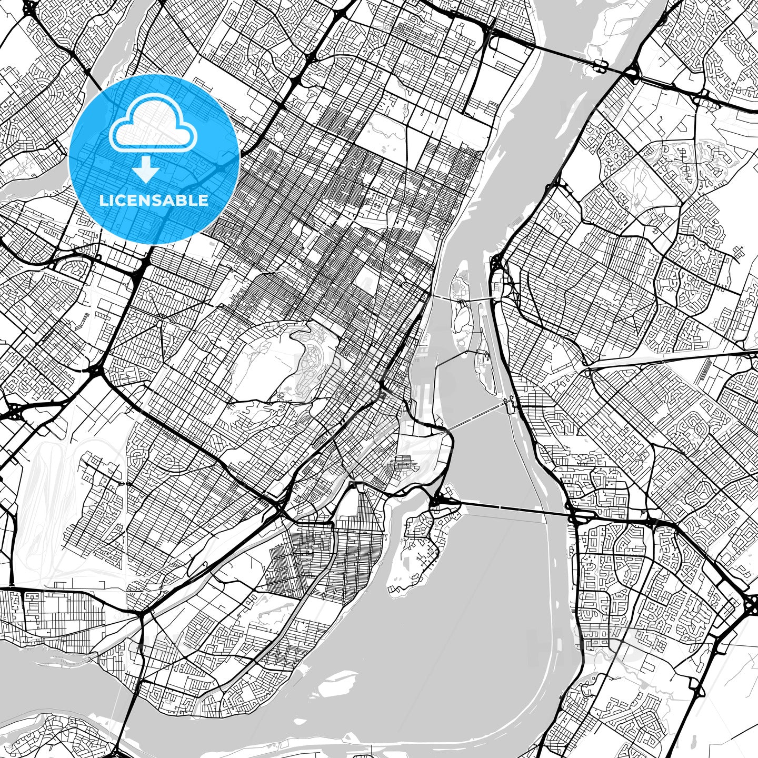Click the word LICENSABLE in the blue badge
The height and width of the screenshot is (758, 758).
[154, 201]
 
